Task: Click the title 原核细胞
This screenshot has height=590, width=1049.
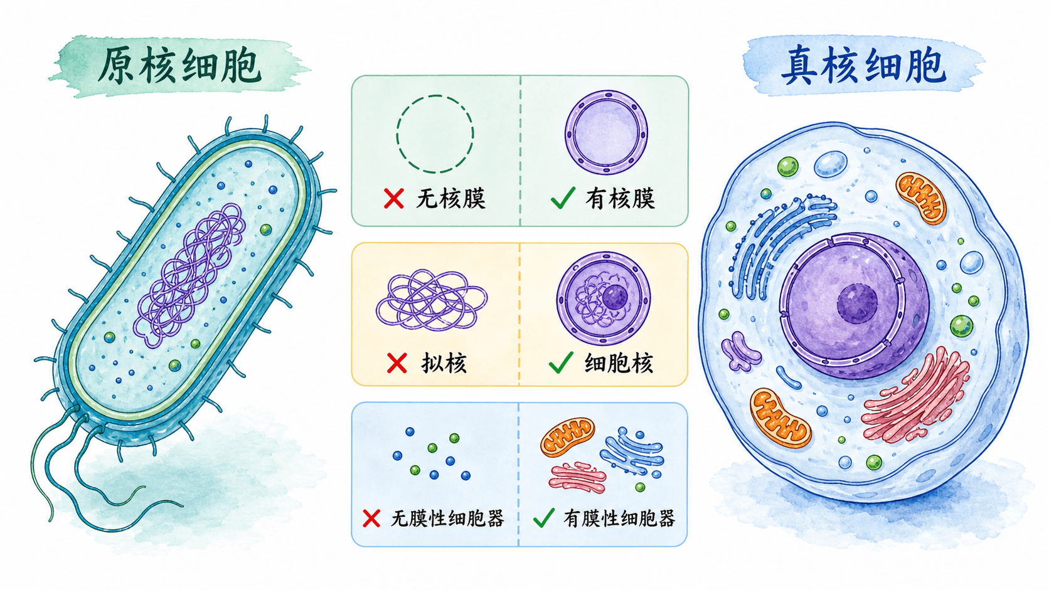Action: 179,65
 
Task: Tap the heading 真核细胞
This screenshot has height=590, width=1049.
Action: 863,66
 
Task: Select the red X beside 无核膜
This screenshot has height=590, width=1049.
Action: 393,198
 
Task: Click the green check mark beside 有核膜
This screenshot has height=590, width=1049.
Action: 563,198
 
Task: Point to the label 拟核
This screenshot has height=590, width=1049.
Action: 444,363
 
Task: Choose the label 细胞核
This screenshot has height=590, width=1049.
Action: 618,363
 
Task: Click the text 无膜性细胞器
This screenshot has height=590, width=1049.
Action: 447,519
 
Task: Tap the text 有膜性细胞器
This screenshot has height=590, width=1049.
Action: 619,519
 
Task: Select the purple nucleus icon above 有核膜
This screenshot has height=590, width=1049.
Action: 606,133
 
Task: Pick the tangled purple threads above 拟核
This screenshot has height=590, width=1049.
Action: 431,300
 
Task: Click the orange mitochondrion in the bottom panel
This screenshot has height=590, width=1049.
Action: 568,437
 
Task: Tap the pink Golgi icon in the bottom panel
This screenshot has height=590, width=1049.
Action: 577,477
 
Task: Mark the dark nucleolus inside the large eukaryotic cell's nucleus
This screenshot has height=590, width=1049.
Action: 857,303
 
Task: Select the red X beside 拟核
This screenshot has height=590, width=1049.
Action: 397,363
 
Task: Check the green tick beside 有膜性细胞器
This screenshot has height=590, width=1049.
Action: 544,517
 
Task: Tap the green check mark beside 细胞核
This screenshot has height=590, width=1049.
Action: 560,362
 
